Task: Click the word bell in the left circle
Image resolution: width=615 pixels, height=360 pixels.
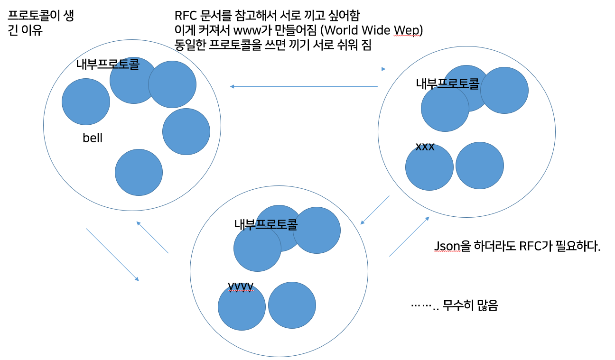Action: click(x=93, y=138)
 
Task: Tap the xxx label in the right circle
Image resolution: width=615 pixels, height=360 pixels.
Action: click(x=425, y=147)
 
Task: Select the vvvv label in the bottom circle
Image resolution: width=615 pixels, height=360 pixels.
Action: click(x=241, y=286)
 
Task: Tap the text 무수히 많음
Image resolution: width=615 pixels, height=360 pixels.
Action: click(x=470, y=306)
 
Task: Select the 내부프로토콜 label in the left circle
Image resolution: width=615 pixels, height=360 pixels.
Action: click(x=108, y=65)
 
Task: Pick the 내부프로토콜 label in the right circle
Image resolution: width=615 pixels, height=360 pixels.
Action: click(x=447, y=83)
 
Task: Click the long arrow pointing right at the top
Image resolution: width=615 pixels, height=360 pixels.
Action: click(x=308, y=69)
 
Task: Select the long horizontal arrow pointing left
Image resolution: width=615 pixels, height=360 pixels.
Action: click(x=304, y=86)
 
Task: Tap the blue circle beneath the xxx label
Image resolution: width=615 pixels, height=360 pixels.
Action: click(x=429, y=167)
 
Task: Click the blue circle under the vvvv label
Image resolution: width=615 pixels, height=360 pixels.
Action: click(x=242, y=307)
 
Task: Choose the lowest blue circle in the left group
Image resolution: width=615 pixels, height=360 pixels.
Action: click(x=139, y=172)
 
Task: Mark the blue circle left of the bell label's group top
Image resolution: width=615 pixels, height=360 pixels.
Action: click(x=86, y=102)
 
